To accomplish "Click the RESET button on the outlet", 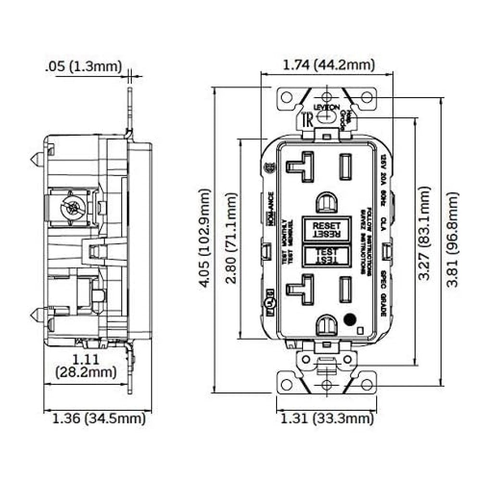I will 327,229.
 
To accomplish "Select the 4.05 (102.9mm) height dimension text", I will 205,239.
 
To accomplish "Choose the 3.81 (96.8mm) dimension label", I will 452,239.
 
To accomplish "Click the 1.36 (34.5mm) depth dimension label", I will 98,418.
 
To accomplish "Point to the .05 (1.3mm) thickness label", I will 83,66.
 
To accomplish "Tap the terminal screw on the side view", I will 70,208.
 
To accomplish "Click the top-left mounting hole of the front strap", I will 287,97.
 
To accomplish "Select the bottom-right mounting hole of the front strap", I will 367,384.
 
